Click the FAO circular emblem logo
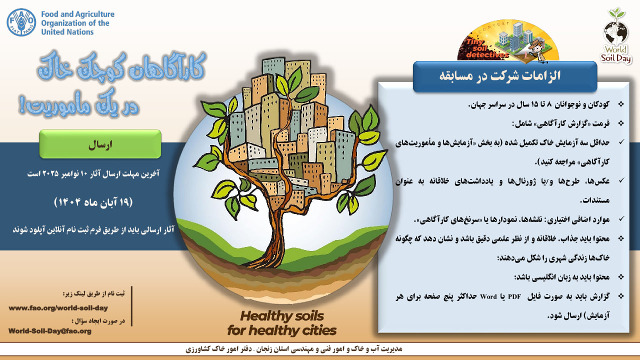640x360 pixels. (x=21, y=22)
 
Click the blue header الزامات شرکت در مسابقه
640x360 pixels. (x=505, y=76)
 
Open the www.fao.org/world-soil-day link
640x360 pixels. (x=58, y=308)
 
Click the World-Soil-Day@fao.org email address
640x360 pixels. (x=50, y=331)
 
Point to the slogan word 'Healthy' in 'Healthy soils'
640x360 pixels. (x=263, y=316)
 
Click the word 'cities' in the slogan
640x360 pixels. (x=317, y=330)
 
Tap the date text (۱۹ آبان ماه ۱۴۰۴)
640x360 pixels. (x=93, y=202)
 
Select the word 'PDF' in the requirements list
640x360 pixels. (x=514, y=297)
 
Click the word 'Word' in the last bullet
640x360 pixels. (x=488, y=297)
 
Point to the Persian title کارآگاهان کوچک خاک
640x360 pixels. (x=121, y=69)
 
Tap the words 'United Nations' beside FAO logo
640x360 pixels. (x=67, y=32)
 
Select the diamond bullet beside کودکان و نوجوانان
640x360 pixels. (x=621, y=104)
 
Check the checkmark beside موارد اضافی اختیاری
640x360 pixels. (x=621, y=219)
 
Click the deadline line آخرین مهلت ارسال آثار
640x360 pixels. (x=93, y=173)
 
